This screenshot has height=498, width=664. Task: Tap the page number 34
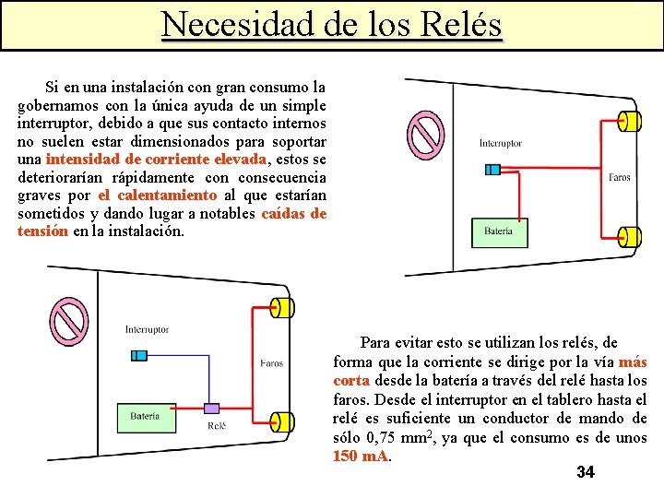pyautogui.click(x=585, y=473)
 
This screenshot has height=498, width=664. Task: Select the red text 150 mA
pyautogui.click(x=362, y=456)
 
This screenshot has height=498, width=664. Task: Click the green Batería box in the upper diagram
pyautogui.click(x=499, y=231)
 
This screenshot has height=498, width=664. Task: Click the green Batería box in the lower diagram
pyautogui.click(x=145, y=417)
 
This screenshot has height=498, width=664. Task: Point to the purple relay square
pyautogui.click(x=212, y=408)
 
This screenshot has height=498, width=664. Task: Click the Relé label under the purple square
pyautogui.click(x=217, y=426)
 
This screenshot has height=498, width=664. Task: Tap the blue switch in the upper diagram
pyautogui.click(x=492, y=169)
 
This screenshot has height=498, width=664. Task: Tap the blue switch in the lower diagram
pyautogui.click(x=139, y=355)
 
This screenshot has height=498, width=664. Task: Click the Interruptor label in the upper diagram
pyautogui.click(x=500, y=143)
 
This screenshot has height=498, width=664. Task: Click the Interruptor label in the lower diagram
pyautogui.click(x=147, y=329)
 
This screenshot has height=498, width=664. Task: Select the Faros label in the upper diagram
pyautogui.click(x=619, y=177)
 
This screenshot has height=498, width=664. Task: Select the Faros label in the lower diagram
pyautogui.click(x=271, y=363)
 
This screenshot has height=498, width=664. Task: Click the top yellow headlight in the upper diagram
pyautogui.click(x=629, y=121)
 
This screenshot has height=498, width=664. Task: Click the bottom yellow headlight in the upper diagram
pyautogui.click(x=629, y=237)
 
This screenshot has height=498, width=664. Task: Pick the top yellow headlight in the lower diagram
pyautogui.click(x=280, y=307)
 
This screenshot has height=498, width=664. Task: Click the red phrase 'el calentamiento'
pyautogui.click(x=157, y=196)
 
